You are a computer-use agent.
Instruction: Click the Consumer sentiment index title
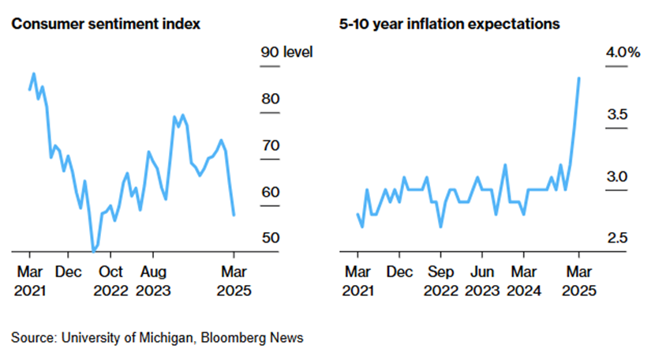point(105,24)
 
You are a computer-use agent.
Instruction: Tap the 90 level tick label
point(286,53)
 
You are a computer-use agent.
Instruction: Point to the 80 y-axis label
point(270,99)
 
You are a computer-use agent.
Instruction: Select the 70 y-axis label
point(270,146)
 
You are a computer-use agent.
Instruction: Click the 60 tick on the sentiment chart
point(270,193)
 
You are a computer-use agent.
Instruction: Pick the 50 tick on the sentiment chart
point(270,238)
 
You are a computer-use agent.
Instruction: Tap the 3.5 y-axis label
point(616,115)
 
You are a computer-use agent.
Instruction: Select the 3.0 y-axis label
point(616,177)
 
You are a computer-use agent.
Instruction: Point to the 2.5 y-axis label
point(616,238)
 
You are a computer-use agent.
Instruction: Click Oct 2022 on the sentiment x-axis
point(110,281)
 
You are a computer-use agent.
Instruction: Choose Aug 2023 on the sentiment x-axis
point(153,281)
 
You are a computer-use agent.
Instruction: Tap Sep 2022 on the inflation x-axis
point(441,281)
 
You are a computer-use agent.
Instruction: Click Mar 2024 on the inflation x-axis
point(526,281)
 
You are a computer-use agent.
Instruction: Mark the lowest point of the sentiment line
point(95,251)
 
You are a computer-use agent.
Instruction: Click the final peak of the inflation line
point(579,78)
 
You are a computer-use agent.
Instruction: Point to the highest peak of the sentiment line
point(34,74)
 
